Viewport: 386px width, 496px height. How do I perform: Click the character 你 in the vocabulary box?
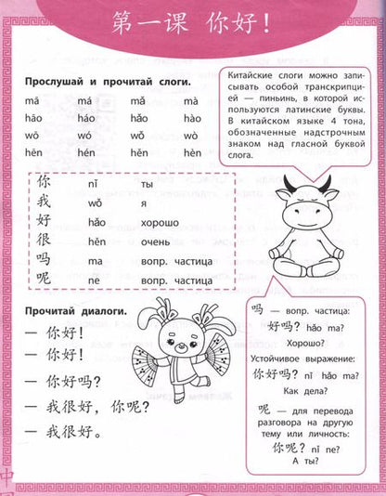tap(45, 183)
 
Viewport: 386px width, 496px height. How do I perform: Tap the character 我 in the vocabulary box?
tap(45, 202)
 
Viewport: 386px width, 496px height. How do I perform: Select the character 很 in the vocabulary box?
tap(45, 241)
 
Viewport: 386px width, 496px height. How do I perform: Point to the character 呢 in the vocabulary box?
tap(45, 280)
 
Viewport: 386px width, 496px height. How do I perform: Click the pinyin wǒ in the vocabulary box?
tap(93, 203)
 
